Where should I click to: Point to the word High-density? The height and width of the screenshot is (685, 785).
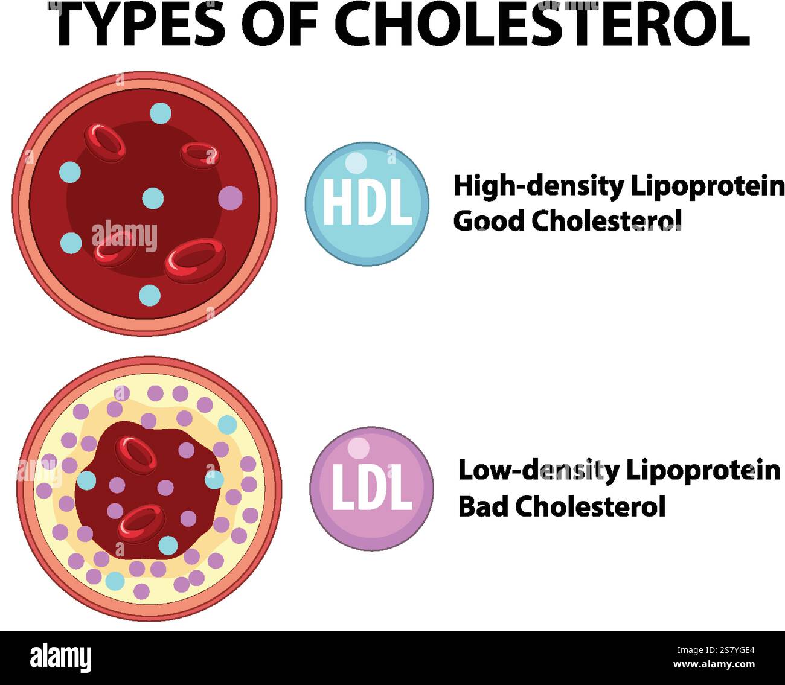point(538,187)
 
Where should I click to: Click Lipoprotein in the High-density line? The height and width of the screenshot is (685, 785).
point(708,187)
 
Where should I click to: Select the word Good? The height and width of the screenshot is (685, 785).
point(489,221)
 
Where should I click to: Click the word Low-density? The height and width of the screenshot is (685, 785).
point(537,470)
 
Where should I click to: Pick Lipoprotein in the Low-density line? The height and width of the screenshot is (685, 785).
point(703,470)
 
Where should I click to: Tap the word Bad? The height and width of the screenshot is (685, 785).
point(483,506)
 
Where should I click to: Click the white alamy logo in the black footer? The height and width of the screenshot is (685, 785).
point(61,657)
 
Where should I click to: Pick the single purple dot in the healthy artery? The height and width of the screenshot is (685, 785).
point(230,197)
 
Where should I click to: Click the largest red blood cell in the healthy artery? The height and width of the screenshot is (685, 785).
point(195,260)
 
